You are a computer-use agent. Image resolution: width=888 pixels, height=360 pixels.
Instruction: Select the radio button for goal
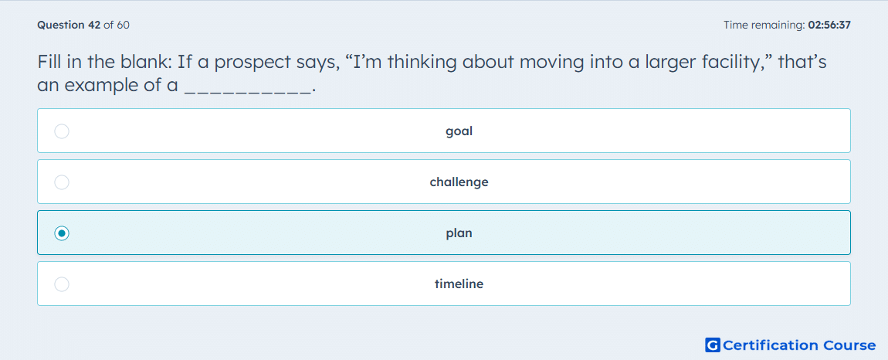pyautogui.click(x=62, y=131)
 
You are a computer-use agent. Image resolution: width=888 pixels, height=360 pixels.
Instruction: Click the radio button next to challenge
pyautogui.click(x=62, y=182)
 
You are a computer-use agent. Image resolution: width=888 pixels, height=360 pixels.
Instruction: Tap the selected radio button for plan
pyautogui.click(x=62, y=233)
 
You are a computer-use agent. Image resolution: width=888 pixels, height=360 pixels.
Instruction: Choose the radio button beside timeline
pyautogui.click(x=62, y=284)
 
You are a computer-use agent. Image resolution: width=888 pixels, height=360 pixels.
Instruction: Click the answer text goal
pyautogui.click(x=459, y=131)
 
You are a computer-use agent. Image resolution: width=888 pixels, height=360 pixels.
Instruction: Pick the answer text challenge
pyautogui.click(x=459, y=182)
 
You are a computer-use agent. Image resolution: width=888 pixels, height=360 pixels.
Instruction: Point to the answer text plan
pyautogui.click(x=459, y=233)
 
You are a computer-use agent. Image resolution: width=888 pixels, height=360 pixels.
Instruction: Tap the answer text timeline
pyautogui.click(x=459, y=284)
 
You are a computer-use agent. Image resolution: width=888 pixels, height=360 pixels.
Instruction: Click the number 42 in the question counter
pyautogui.click(x=94, y=25)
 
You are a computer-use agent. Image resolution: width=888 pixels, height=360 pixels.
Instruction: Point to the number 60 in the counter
pyautogui.click(x=123, y=25)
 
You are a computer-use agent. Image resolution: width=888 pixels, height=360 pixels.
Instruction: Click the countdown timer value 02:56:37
pyautogui.click(x=829, y=25)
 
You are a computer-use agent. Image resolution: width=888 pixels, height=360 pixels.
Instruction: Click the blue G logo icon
pyautogui.click(x=713, y=345)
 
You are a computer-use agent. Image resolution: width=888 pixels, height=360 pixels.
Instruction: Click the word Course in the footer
pyautogui.click(x=849, y=345)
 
